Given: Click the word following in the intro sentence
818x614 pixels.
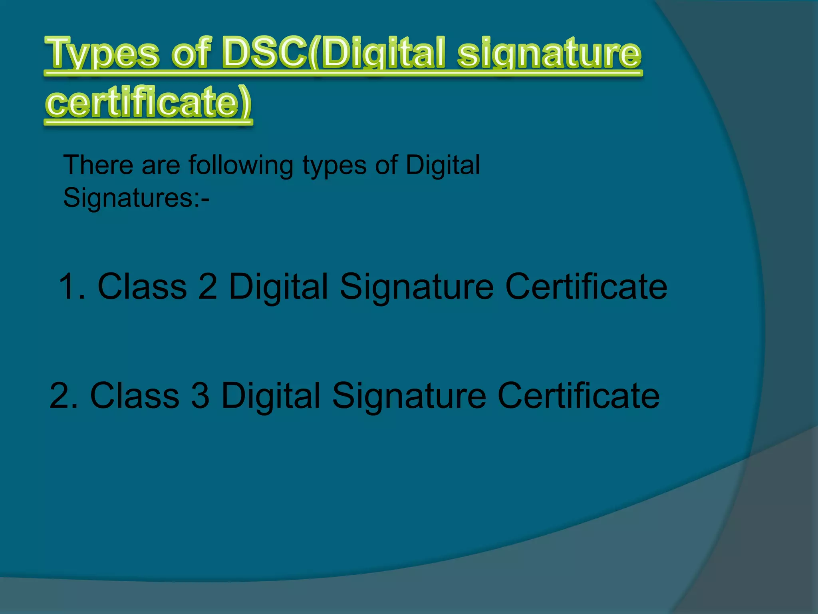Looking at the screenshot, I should pyautogui.click(x=241, y=165).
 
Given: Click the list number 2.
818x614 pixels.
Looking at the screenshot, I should pyautogui.click(x=64, y=395).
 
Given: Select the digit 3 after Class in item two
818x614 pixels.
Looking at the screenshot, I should pyautogui.click(x=200, y=395).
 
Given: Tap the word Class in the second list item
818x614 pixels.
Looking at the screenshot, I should pyautogui.click(x=135, y=395).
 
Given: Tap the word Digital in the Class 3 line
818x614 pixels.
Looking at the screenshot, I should pyautogui.click(x=271, y=396).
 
